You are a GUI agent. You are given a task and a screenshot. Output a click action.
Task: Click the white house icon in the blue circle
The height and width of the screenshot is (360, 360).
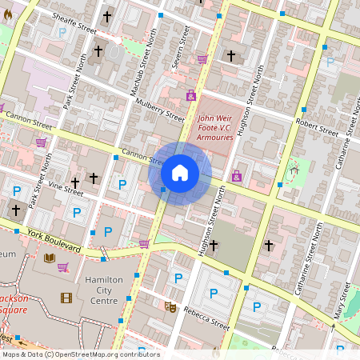point(180,173)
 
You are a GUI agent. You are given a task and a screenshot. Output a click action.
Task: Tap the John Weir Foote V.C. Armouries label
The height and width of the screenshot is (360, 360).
point(215,128)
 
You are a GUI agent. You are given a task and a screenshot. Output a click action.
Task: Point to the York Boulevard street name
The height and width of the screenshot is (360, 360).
point(53,241)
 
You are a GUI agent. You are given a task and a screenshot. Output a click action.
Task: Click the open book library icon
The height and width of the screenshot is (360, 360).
point(50,258)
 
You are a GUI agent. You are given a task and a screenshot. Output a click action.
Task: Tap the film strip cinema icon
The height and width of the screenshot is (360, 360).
point(66,298)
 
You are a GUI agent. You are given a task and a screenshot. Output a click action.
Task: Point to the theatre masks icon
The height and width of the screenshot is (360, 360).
point(170,306)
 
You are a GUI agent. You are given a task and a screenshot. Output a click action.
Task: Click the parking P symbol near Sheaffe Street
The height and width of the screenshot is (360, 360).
point(62,33)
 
